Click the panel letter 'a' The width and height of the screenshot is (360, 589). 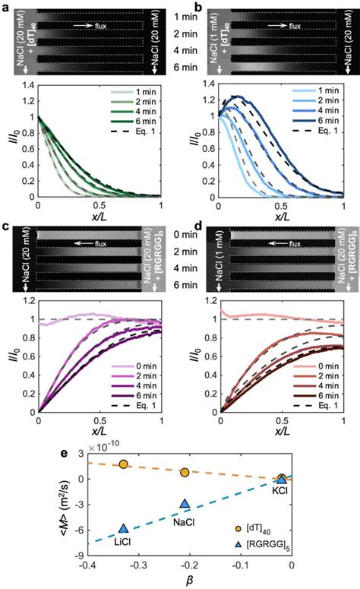tap(7, 6)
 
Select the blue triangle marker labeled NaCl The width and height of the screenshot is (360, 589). tap(184, 504)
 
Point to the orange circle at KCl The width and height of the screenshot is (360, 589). tap(282, 478)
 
